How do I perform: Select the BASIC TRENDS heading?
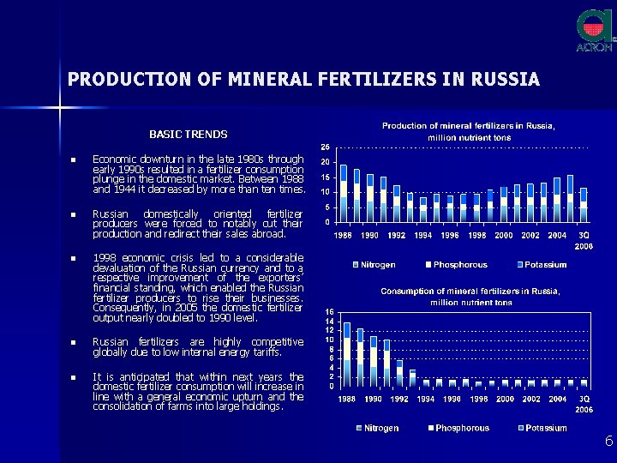click(189, 135)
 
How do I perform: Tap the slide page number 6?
click(608, 441)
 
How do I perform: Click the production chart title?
click(469, 131)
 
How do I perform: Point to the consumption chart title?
click(470, 297)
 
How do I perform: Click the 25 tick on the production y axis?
click(326, 147)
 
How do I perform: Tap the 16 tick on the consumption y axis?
click(329, 311)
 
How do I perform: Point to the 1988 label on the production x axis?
click(343, 235)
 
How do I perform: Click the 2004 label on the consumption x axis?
click(557, 399)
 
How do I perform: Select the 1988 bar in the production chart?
click(344, 193)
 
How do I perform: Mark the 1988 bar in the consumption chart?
click(347, 354)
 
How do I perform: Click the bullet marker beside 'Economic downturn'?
click(75, 159)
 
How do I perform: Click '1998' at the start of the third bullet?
click(104, 258)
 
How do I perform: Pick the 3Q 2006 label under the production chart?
click(584, 239)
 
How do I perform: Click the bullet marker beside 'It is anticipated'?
click(75, 377)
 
